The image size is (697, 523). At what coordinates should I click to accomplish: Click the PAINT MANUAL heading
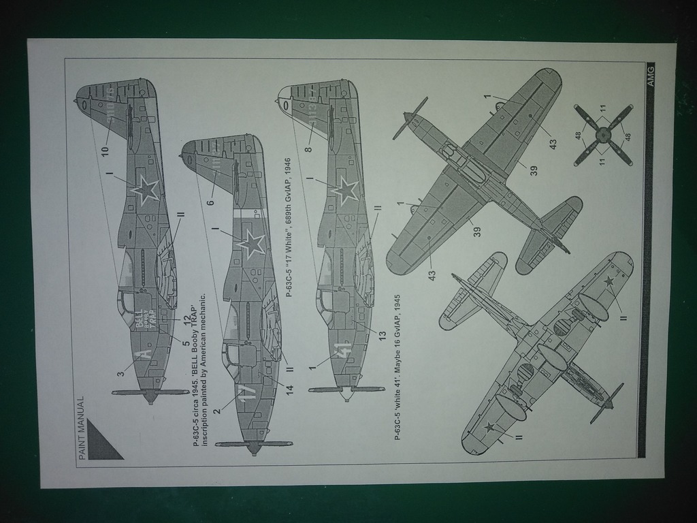pyautogui.click(x=81, y=428)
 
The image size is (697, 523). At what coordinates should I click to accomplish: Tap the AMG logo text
pyautogui.click(x=651, y=74)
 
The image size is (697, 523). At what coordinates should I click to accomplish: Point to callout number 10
pyautogui.click(x=105, y=150)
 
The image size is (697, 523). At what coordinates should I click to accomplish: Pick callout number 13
pyautogui.click(x=382, y=334)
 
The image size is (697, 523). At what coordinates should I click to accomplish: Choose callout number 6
pyautogui.click(x=211, y=202)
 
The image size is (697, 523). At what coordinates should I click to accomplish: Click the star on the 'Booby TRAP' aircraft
pyautogui.click(x=146, y=190)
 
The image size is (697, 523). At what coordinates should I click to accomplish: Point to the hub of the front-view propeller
pyautogui.click(x=602, y=135)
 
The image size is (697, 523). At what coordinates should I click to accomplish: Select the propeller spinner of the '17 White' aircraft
pyautogui.click(x=255, y=447)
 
